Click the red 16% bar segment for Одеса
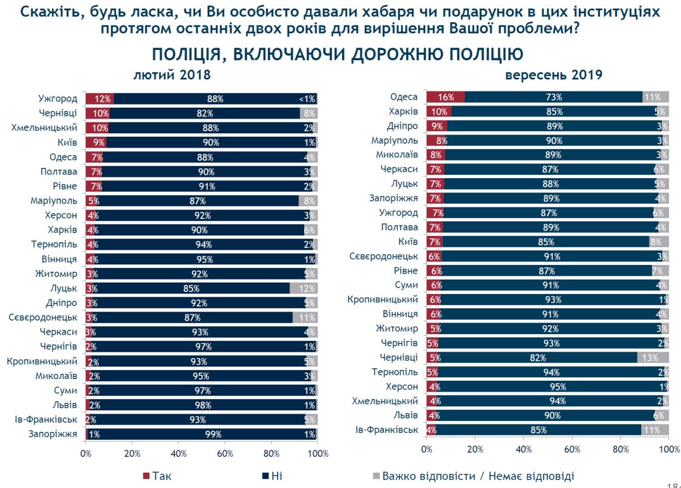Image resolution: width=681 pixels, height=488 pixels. pos(445,97)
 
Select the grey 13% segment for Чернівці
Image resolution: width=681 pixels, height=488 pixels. pos(653,357)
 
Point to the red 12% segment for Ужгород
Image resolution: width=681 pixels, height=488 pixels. pos(100,99)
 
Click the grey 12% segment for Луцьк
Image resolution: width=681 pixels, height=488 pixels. pos(304,288)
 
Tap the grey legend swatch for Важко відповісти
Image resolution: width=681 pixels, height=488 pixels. pos(375,476)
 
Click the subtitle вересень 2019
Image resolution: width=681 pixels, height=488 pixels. pos(553,75)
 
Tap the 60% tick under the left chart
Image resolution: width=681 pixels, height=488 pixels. pos(225,453)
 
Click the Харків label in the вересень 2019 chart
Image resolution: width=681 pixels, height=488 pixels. pos(404,112)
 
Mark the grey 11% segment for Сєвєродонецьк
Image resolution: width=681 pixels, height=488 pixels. pos(305,318)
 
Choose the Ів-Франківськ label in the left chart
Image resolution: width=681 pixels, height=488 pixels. pos(46,420)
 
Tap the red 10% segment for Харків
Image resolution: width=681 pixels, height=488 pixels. pos(439,112)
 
